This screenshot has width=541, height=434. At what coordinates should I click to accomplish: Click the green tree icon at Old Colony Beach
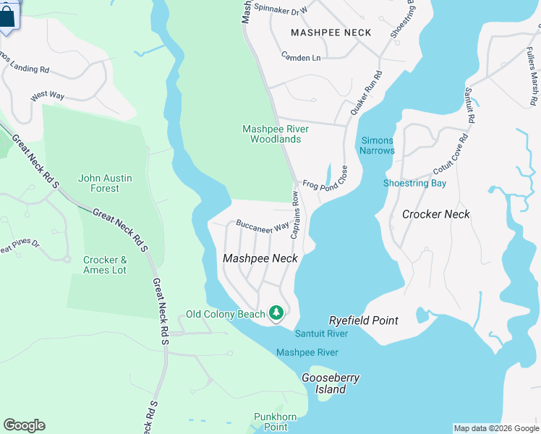[276, 313]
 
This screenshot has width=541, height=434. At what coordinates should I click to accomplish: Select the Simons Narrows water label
[378, 145]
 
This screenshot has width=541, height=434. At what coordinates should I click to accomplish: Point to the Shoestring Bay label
[414, 183]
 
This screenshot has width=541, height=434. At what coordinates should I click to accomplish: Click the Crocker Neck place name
[435, 214]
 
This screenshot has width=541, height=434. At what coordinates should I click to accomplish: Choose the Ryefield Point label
[363, 320]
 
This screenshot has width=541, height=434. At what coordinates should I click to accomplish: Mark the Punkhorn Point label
[270, 422]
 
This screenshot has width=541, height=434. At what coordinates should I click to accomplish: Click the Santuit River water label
[321, 333]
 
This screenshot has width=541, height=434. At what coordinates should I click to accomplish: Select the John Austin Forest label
[99, 183]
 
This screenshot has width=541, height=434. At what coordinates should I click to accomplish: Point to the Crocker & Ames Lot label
[105, 265]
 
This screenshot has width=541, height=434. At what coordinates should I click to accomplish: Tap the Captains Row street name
[296, 216]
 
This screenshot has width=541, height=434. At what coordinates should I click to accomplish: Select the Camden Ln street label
[302, 57]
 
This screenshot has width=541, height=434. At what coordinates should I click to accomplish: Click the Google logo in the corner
[24, 425]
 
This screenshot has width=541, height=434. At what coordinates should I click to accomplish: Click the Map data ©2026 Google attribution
[496, 428]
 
